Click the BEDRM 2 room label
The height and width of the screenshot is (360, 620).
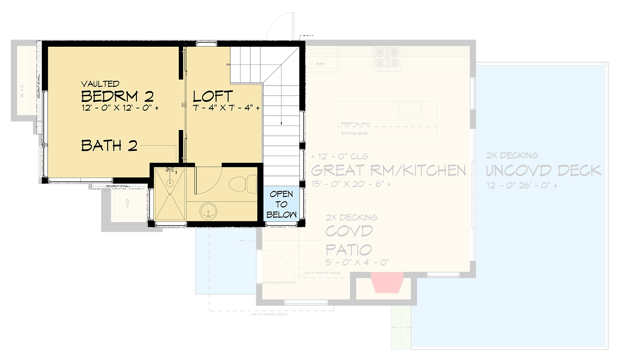point(117,96)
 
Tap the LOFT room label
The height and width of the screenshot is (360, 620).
point(213,96)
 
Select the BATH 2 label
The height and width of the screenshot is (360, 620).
point(109,145)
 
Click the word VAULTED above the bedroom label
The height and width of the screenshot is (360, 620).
point(100,84)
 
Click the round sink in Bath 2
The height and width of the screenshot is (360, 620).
point(208,210)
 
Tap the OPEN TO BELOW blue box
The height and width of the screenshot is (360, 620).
point(281,204)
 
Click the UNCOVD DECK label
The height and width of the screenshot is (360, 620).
point(543,171)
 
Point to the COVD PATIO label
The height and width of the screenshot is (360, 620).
point(349,240)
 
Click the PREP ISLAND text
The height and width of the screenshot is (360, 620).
point(355,124)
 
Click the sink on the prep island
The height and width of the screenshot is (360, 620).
point(410,110)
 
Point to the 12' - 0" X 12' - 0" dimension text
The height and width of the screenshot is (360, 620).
point(120,108)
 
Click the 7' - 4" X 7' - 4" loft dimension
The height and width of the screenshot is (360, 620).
point(226,108)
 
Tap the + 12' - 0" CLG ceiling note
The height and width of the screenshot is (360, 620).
point(339,157)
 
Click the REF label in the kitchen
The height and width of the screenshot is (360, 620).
point(320,64)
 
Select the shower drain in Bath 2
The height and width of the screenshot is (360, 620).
point(170,183)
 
